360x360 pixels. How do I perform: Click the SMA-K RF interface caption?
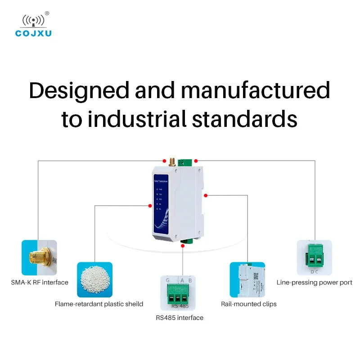(39, 283)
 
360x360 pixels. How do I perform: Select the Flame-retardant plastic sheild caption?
(99, 304)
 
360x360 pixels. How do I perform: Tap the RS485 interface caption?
(180, 318)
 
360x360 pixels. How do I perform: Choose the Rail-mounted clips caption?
(249, 304)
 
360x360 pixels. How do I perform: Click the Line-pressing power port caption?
(314, 283)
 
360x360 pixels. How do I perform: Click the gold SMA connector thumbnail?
(39, 257)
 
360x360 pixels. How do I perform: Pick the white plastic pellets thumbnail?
(94, 279)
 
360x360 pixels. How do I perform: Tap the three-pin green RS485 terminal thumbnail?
(179, 293)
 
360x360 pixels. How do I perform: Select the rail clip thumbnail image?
(247, 279)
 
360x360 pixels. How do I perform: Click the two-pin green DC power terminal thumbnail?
(314, 257)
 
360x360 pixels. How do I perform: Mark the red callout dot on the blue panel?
(150, 206)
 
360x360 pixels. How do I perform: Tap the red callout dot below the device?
(182, 246)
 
